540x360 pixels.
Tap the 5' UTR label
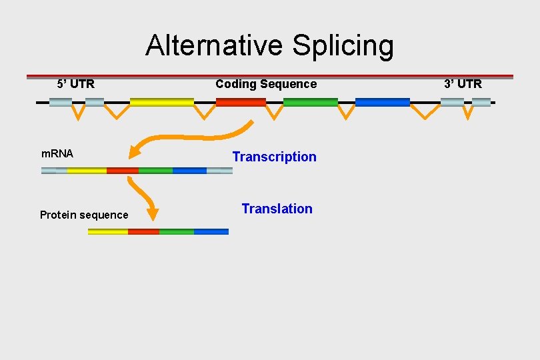(x=76, y=84)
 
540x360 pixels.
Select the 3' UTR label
(x=463, y=84)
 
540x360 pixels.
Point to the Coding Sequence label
(x=266, y=84)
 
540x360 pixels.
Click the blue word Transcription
(x=274, y=157)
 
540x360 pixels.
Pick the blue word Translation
(x=277, y=209)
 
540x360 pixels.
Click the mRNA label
(x=57, y=153)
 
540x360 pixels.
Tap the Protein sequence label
(x=84, y=215)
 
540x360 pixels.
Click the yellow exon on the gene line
(x=162, y=102)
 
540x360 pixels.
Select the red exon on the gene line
(x=241, y=102)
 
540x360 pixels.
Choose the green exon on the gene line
(x=311, y=102)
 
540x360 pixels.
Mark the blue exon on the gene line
(x=383, y=102)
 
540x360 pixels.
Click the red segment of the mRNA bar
(x=123, y=171)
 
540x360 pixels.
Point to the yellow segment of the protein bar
(x=108, y=231)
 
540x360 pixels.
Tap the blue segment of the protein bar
(x=211, y=231)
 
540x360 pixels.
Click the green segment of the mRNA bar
(x=155, y=171)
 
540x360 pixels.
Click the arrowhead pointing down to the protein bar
(x=153, y=214)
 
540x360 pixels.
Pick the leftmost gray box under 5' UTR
(x=60, y=102)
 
